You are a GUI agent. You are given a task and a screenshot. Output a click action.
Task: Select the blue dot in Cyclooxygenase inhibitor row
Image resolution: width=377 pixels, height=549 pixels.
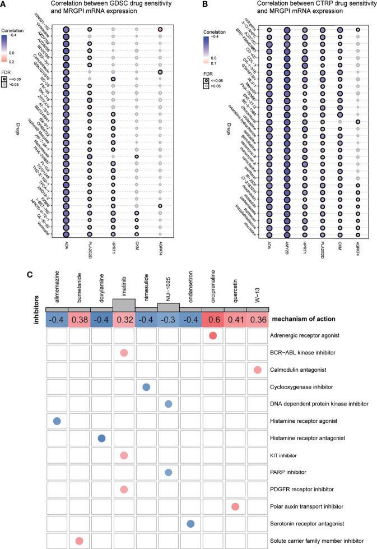tap(146, 387)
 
